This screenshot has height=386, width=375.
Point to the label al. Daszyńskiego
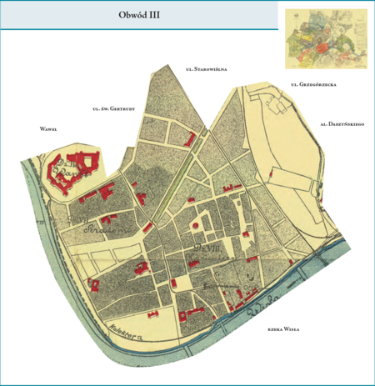tap(342, 123)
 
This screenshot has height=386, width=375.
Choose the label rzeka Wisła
tap(283, 330)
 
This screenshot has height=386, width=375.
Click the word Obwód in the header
tap(127, 16)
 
